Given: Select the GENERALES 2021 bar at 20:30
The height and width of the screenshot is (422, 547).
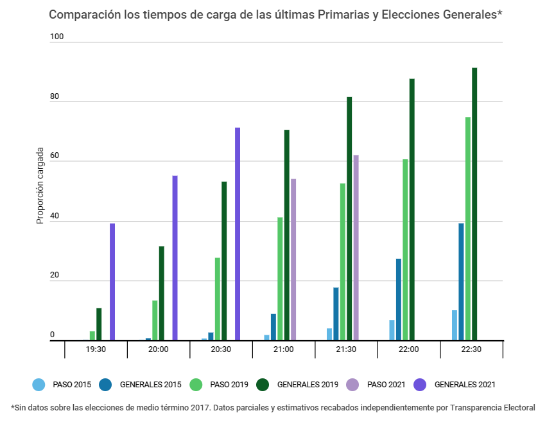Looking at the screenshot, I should pyautogui.click(x=238, y=234).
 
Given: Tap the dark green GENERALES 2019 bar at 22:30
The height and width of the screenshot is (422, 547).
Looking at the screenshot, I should pyautogui.click(x=474, y=204).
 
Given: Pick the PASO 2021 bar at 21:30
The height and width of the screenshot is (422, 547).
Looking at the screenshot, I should pyautogui.click(x=356, y=247).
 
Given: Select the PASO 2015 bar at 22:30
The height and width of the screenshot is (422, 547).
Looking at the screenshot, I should pyautogui.click(x=455, y=325).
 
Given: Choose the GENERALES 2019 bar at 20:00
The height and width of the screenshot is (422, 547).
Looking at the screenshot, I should pyautogui.click(x=162, y=293).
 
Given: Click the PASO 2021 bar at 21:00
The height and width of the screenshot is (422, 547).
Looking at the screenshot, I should pyautogui.click(x=293, y=259).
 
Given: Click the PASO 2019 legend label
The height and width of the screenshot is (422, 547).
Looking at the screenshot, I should pyautogui.click(x=230, y=385).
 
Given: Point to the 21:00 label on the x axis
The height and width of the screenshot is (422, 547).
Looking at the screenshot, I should pyautogui.click(x=283, y=349).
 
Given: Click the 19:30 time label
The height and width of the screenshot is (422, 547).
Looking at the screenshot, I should pyautogui.click(x=96, y=349).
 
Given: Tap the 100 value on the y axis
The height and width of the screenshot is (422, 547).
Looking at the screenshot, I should pyautogui.click(x=57, y=37).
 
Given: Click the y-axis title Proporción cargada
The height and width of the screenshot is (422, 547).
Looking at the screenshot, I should pyautogui.click(x=40, y=186).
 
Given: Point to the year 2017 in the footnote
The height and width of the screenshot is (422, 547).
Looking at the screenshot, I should pyautogui.click(x=201, y=407).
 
